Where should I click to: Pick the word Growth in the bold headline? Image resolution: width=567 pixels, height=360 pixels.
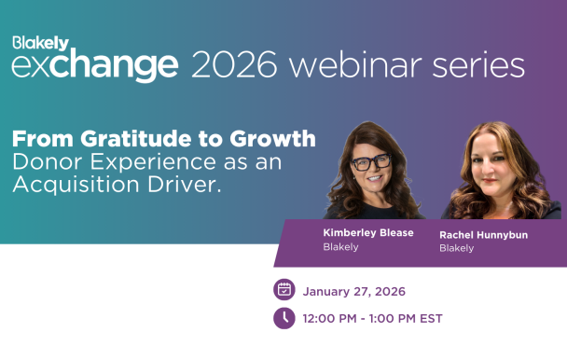point(274,140)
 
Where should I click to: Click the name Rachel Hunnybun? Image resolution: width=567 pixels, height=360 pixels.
point(483,234)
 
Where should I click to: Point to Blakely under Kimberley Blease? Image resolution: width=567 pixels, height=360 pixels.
point(340,247)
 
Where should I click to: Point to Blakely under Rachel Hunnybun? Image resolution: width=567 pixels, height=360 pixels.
point(456,248)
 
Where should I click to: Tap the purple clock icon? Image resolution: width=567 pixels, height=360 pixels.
point(283,318)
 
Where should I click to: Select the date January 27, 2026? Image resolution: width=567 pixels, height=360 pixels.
point(353,291)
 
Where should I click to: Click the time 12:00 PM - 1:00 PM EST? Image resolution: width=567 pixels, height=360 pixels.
point(372,319)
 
